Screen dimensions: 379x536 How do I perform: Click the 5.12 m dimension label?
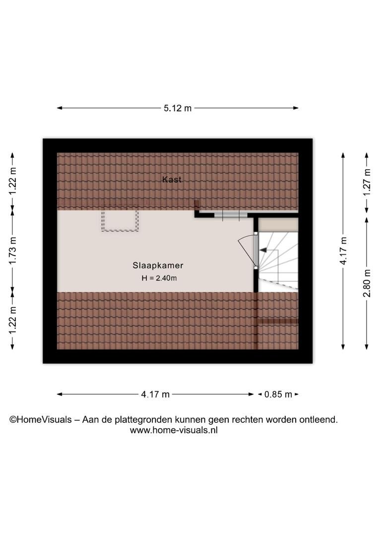[178, 108]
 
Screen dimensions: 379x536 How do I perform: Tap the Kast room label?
[172, 180]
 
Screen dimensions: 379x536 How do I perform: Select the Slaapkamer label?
[158, 265]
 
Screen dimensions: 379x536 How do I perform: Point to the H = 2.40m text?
[159, 278]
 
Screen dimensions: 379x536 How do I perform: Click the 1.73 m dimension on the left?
[12, 251]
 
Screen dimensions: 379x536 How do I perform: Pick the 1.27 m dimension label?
[367, 183]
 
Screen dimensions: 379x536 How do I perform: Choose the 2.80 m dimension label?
[367, 283]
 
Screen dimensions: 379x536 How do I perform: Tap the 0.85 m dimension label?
[278, 395]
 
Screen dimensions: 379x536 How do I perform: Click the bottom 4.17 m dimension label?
[155, 395]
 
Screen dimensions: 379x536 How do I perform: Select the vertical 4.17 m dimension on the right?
[343, 251]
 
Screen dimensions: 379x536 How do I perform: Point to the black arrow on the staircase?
[263, 250]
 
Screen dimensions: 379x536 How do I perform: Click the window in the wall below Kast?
[231, 215]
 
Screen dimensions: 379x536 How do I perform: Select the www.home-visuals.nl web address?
[174, 430]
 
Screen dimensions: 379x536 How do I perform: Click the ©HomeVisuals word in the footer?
[41, 419]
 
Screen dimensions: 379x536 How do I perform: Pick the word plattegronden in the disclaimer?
[143, 420]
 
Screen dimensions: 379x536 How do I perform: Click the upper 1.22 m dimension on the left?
[12, 181]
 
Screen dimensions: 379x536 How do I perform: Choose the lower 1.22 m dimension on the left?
[12, 321]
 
